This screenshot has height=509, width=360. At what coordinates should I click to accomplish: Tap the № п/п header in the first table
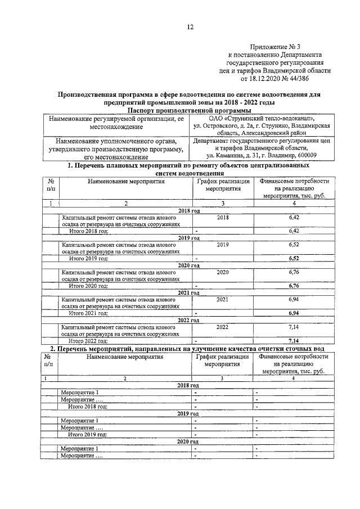point(51,185)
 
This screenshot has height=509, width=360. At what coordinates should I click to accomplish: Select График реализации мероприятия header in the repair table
point(223,185)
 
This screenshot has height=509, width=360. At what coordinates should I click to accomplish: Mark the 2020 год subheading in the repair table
point(188,265)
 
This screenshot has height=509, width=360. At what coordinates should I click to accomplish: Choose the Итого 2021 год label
point(88,312)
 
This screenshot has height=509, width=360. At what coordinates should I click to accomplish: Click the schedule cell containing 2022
point(223,326)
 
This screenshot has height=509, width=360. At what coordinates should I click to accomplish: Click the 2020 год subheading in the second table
point(188,442)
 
